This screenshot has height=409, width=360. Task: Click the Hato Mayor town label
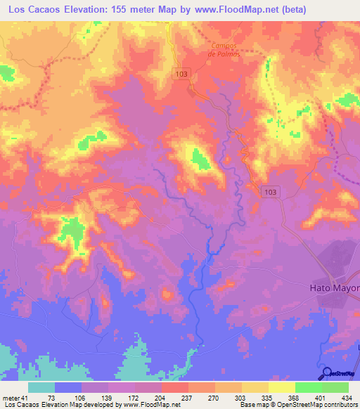coord(335,288)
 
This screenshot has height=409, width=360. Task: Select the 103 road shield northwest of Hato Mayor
coord(271,190)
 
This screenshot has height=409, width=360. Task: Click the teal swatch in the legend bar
coord(41,387)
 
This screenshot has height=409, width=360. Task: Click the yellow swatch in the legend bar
coord(281,387)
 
